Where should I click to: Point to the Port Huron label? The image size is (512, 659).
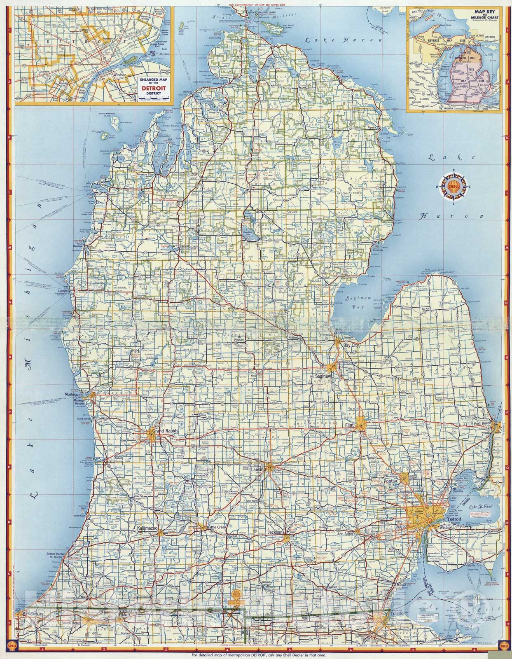pyautogui.click(x=485, y=424)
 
